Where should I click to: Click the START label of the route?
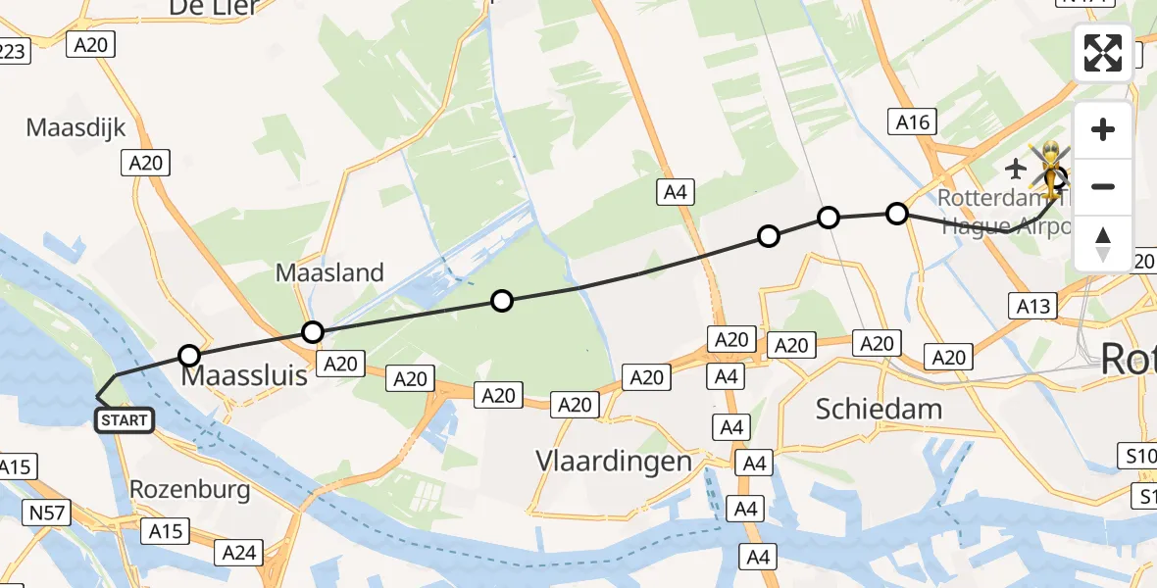pos(124,420)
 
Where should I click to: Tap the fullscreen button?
pos(1103,53)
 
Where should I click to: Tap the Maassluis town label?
pos(243,375)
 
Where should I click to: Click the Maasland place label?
pos(329,272)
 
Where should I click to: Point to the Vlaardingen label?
pos(614,461)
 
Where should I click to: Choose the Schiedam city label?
pos(879,409)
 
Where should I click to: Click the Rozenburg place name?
pos(190,490)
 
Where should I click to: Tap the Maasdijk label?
pos(75,127)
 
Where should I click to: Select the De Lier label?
pos(214,8)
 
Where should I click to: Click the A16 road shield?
pos(912,122)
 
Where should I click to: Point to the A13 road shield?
pos(1033,307)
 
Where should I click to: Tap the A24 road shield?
pos(239,553)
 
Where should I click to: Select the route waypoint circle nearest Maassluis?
pos(189,355)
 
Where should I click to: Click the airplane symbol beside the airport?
pos(1015,169)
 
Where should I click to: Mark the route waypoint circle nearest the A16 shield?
pos(897,213)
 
